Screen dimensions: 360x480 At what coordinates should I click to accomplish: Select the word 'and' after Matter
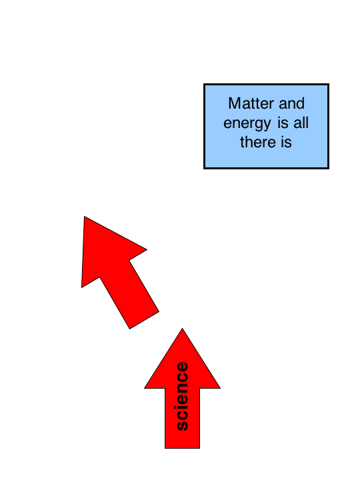tap(292, 103)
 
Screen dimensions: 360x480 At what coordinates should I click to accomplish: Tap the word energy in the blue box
tap(247, 124)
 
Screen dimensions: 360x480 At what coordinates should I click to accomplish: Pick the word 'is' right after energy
tap(283, 123)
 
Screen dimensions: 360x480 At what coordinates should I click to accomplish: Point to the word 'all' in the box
tap(301, 123)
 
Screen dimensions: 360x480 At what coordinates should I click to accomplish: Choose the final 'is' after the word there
tap(286, 142)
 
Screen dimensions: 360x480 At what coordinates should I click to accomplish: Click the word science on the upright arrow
tap(183, 397)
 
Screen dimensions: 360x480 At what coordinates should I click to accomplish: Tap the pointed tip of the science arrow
tap(183, 329)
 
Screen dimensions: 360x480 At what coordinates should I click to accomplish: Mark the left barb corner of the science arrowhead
tap(145, 388)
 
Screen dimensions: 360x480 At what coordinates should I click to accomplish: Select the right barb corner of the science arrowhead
tap(221, 388)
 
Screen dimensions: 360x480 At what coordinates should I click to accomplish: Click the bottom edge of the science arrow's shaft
tap(183, 449)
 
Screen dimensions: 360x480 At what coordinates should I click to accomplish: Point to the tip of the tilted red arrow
tap(84, 217)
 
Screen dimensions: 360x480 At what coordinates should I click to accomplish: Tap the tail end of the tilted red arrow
tap(144, 321)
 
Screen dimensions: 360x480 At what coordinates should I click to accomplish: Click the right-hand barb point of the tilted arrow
tap(147, 249)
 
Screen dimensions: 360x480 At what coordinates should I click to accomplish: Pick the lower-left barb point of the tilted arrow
tap(81, 288)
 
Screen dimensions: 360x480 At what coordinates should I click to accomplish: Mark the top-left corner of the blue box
tap(204, 84)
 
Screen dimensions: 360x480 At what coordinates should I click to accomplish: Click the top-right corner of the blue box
tap(329, 84)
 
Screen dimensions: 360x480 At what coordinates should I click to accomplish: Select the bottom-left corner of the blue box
tap(204, 168)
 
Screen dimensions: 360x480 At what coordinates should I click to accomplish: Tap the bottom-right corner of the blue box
tap(329, 168)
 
